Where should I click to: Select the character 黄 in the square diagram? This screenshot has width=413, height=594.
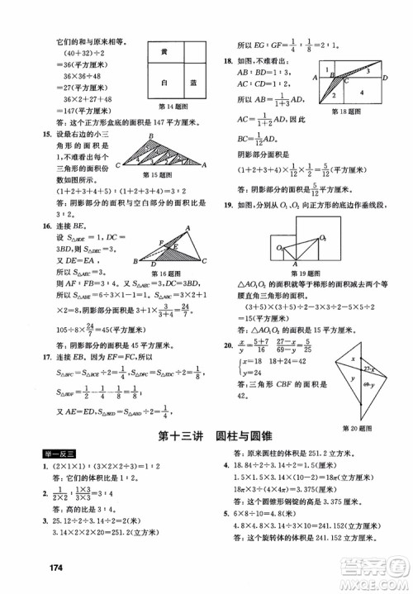[x=164, y=52]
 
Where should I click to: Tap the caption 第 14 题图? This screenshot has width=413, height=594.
[x=177, y=107]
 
